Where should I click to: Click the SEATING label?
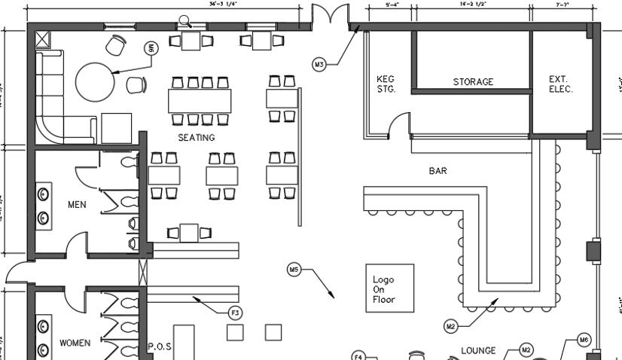click(197, 138)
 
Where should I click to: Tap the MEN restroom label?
click(77, 204)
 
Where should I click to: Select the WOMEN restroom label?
click(75, 343)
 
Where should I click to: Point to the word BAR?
click(438, 171)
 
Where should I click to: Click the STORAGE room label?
click(473, 82)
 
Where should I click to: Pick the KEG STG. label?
click(385, 84)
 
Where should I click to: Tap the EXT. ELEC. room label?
click(560, 84)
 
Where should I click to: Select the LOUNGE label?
click(478, 350)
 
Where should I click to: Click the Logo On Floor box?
click(389, 288)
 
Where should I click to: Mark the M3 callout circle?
click(319, 65)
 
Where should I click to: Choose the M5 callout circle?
click(294, 269)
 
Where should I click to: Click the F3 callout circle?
click(236, 312)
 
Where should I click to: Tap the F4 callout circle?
click(359, 356)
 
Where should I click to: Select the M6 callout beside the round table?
click(151, 48)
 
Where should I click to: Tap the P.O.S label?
click(160, 346)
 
